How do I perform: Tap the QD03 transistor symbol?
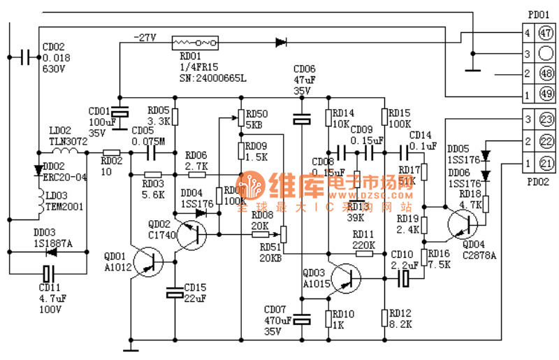point(345,278)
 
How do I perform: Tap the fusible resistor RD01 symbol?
point(195,43)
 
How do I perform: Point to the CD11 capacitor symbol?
point(48,273)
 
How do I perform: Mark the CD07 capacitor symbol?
point(301,319)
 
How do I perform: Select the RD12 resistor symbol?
point(384,317)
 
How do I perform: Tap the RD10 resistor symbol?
point(327,319)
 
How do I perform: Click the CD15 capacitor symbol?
point(175,293)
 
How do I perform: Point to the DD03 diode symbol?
point(48,250)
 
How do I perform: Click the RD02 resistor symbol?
point(111,152)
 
